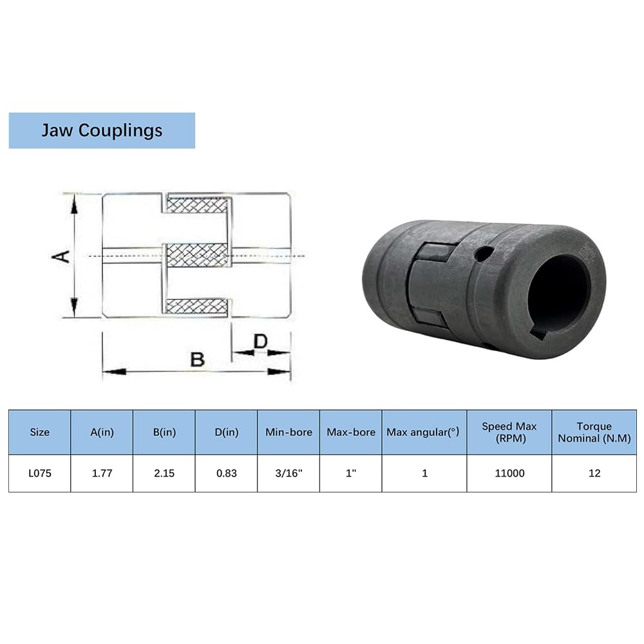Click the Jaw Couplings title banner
click(102, 130)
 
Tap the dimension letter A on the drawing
click(61, 256)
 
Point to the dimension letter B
click(198, 359)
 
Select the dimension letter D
click(261, 341)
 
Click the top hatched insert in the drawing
click(197, 205)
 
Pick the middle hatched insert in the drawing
click(197, 255)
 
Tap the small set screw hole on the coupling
click(484, 253)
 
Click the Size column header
click(40, 432)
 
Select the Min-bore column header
click(289, 432)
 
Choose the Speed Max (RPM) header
click(509, 432)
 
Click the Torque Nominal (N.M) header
click(594, 432)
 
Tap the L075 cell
click(40, 473)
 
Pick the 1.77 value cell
click(102, 473)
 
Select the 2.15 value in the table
click(164, 473)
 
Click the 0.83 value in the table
click(227, 473)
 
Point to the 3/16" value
click(289, 473)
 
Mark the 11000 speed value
click(509, 473)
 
